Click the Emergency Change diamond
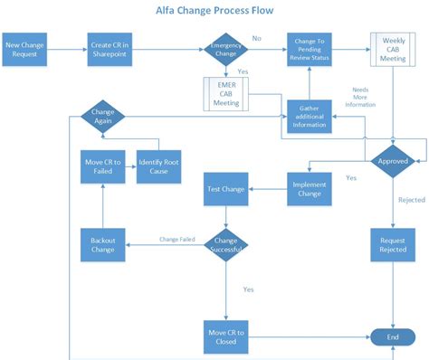tap(225, 49)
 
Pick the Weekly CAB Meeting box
tap(392, 49)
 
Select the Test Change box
tap(225, 190)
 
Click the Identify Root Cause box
tap(159, 166)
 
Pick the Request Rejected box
tap(392, 243)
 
